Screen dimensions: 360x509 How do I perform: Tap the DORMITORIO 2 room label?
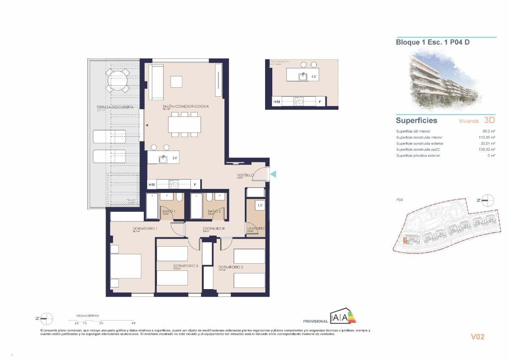pos(231,267)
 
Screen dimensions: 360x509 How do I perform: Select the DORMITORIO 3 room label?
pos(185,266)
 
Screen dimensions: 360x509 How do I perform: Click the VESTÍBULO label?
pos(245,175)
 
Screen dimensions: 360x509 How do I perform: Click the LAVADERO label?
pos(256,228)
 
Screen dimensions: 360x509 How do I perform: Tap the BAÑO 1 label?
pos(168,211)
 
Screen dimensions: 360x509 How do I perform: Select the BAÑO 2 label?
pos(213,211)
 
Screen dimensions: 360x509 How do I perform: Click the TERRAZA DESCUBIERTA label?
pos(109,107)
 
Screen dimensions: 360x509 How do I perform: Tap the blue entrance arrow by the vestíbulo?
pos(274,174)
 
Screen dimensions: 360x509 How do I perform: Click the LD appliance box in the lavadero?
pos(260,205)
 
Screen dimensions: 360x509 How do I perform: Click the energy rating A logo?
pos(343,317)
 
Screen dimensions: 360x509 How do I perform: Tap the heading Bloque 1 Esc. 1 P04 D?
pos(433,42)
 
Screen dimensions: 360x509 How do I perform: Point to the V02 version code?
pos(478,337)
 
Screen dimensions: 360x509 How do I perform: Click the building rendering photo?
pos(445,81)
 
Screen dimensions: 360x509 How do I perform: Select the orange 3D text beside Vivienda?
pos(489,121)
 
